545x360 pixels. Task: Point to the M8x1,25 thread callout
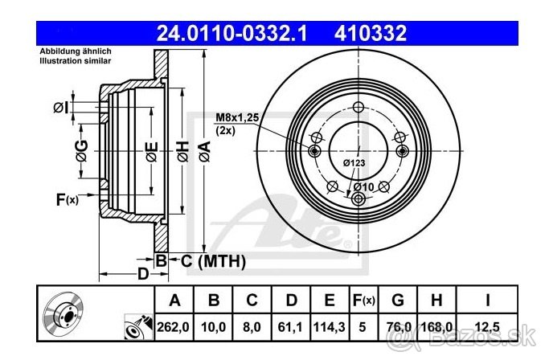[x=236, y=117]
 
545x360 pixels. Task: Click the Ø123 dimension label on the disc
[x=354, y=163]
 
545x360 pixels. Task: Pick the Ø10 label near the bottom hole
[x=364, y=187]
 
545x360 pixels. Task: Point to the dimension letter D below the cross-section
[x=142, y=275]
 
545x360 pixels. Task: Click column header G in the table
[x=398, y=301]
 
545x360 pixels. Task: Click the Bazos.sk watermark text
[x=507, y=344]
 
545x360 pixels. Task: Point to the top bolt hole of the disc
[x=359, y=108]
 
